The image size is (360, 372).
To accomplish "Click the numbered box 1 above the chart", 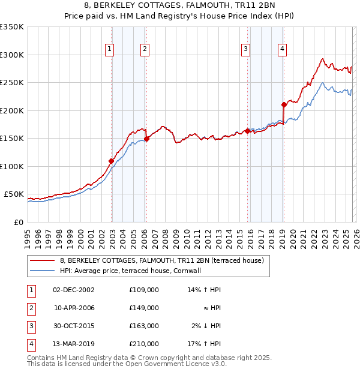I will tap(110, 50).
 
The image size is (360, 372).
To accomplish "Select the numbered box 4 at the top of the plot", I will tap(282, 50).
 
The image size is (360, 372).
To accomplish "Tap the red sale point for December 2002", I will tap(111, 161).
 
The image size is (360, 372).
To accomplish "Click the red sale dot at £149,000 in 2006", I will tap(146, 139).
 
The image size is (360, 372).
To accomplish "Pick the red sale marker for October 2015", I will tap(247, 131).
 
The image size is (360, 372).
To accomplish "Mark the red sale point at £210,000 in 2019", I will tap(283, 104).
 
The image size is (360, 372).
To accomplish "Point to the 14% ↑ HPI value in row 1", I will tap(205, 290).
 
